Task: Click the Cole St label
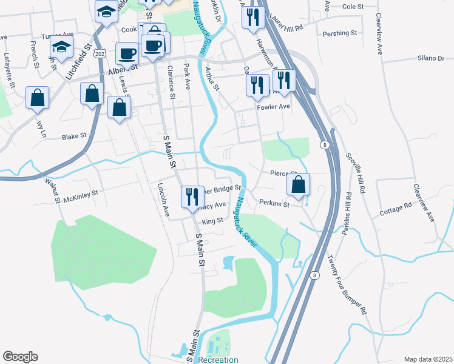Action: click(x=352, y=6)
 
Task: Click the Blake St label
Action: click(x=75, y=137)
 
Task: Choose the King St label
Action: click(x=212, y=222)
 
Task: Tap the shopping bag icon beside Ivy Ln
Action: click(x=38, y=97)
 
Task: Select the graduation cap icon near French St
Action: click(x=61, y=47)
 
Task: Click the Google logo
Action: click(x=20, y=356)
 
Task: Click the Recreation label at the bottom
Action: click(x=217, y=360)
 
